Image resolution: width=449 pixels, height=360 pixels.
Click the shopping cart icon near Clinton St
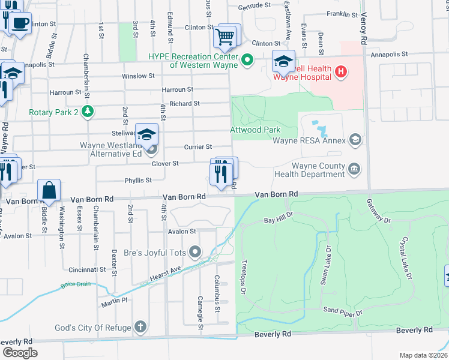[225, 37]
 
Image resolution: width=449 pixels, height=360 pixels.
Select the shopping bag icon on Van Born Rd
[49, 191]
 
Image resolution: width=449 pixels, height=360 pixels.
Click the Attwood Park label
[255, 130]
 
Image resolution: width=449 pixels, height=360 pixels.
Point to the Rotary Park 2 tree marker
[88, 111]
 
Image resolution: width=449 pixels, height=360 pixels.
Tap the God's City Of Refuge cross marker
[140, 326]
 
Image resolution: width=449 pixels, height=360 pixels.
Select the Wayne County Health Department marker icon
[355, 169]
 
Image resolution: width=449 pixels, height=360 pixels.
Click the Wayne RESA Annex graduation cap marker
[355, 140]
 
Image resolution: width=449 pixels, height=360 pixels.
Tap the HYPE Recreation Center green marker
[247, 60]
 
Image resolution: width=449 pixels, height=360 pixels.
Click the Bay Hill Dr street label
[278, 218]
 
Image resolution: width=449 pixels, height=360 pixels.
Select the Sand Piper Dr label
[343, 311]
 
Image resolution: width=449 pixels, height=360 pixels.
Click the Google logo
[19, 352]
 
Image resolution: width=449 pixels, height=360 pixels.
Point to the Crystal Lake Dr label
[408, 257]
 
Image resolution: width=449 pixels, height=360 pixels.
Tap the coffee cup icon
[20, 24]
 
